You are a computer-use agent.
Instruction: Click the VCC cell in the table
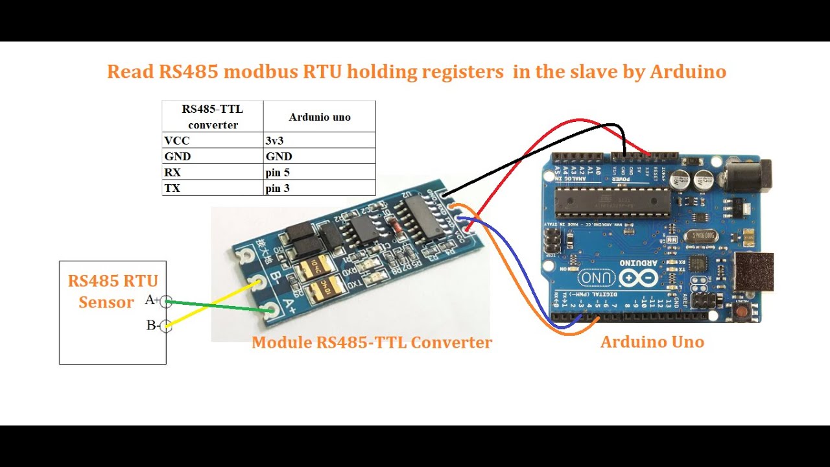tap(177, 140)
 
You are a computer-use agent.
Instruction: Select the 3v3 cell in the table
tap(274, 140)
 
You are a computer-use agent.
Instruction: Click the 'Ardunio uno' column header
tap(320, 117)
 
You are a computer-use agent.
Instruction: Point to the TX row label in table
tap(172, 189)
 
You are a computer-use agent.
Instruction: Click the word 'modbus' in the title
tap(261, 71)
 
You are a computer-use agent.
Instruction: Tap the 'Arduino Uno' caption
tap(652, 342)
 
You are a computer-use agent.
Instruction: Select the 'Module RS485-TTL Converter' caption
tap(372, 342)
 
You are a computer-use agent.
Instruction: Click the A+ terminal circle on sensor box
tap(166, 301)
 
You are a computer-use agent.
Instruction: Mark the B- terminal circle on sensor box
tap(166, 326)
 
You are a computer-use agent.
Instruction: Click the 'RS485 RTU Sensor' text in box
tap(113, 291)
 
